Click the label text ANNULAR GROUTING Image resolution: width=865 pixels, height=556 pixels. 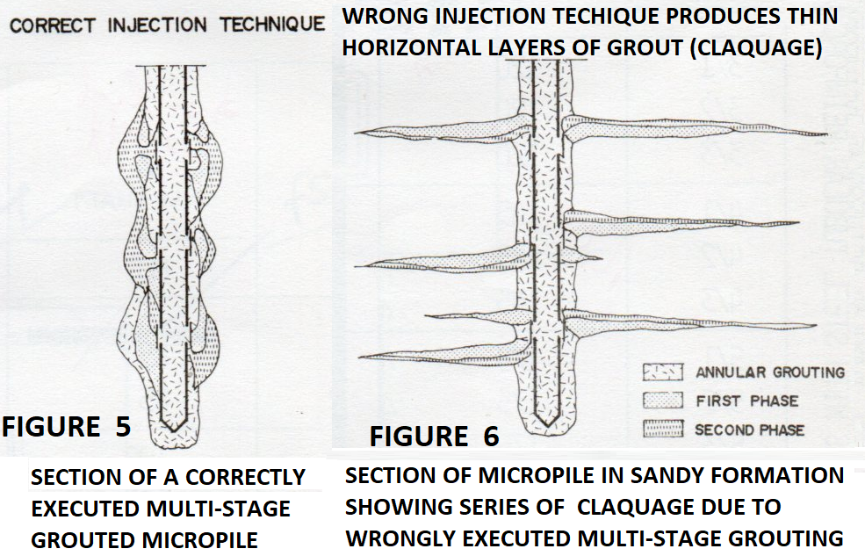pyautogui.click(x=769, y=372)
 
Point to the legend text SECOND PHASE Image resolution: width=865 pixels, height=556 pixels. pyautogui.click(x=749, y=430)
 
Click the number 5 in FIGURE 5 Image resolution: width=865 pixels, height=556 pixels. pyautogui.click(x=121, y=427)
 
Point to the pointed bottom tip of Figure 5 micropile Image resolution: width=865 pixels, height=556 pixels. pyautogui.click(x=175, y=430)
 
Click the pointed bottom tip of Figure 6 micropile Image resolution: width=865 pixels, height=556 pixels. pyautogui.click(x=546, y=425)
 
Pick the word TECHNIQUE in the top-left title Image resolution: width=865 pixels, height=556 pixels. pyautogui.click(x=271, y=24)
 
